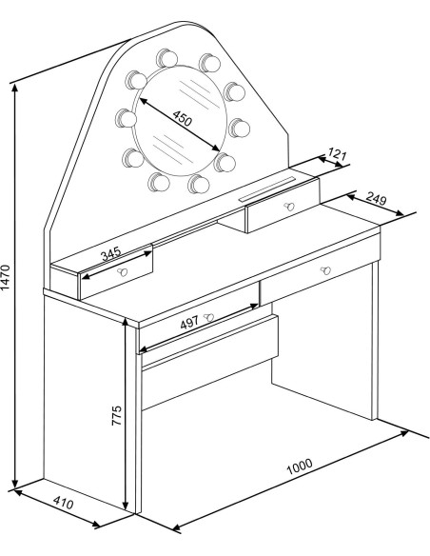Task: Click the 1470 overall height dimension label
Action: pos(8,280)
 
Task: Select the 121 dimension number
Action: pos(337,154)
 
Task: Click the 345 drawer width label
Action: pos(112,256)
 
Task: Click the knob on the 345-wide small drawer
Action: pos(122,272)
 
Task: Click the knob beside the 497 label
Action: pos(208,316)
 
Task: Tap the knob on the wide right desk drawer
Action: pos(324,271)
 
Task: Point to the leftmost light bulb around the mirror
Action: pos(124,118)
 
